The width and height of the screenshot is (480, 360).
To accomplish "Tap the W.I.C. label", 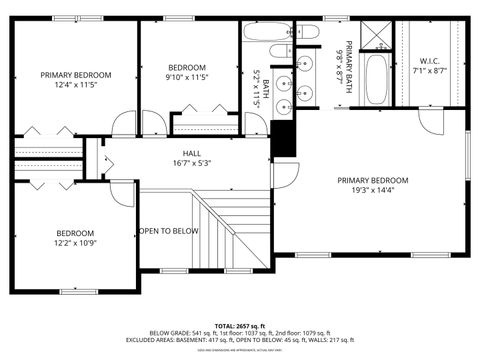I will coord(431,61).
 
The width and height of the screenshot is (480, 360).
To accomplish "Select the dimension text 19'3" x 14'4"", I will coord(373,192).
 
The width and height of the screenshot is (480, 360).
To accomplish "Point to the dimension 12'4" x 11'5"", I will coord(75,86).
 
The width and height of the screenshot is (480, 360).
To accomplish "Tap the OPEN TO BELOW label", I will coord(169,231).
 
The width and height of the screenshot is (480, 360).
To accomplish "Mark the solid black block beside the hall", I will coord(285,139).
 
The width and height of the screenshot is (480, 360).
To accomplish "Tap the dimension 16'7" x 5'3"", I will coord(191,163).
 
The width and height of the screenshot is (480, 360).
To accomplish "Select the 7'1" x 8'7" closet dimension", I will coord(431,71).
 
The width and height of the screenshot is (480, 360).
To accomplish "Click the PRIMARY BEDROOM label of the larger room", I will coord(373,181).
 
